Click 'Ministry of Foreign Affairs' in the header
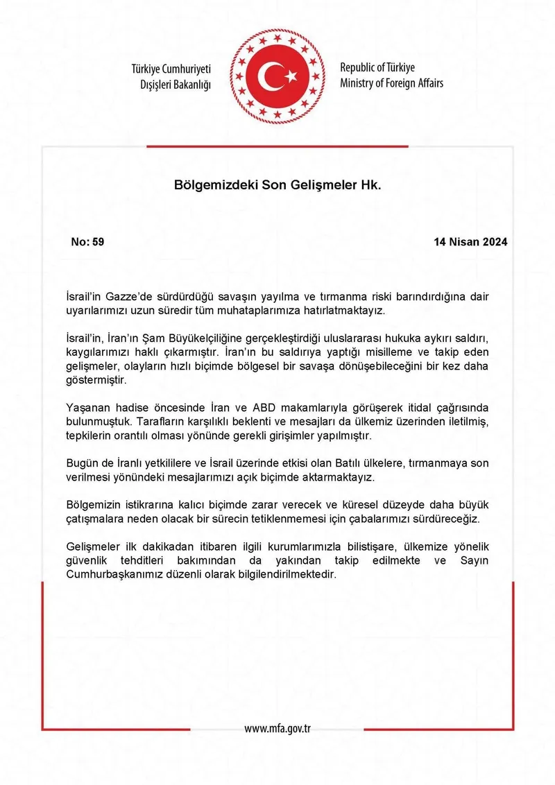click(391, 83)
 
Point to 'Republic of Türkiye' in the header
click(377, 68)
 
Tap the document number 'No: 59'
click(87, 242)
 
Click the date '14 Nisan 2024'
click(470, 242)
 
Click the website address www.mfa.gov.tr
click(278, 728)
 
